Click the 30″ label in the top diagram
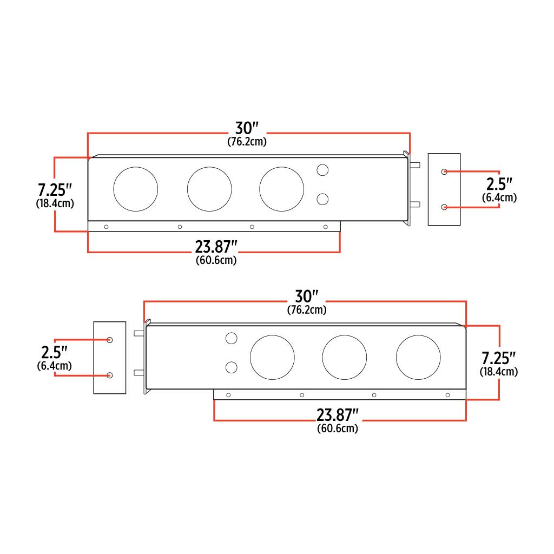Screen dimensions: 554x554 pyautogui.click(x=247, y=128)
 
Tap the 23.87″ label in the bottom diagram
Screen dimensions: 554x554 pyautogui.click(x=338, y=415)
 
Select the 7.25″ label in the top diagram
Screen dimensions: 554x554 pyautogui.click(x=55, y=190)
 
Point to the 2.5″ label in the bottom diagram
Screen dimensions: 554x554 pyautogui.click(x=54, y=352)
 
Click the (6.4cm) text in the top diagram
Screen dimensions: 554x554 pyautogui.click(x=499, y=198)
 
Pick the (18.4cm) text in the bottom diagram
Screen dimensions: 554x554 pyautogui.click(x=498, y=372)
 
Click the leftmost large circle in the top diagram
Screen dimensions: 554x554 pyautogui.click(x=135, y=189)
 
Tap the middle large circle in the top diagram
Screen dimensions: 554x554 pyautogui.click(x=209, y=189)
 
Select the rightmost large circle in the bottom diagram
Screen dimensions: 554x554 pyautogui.click(x=418, y=358)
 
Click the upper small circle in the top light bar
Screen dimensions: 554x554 pyautogui.click(x=322, y=170)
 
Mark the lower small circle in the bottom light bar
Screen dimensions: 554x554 pyautogui.click(x=231, y=368)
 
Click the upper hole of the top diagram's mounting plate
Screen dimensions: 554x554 pyautogui.click(x=444, y=172)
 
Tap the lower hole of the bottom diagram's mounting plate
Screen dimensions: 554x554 pyautogui.click(x=110, y=375)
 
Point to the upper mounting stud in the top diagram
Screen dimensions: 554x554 pyautogui.click(x=415, y=166)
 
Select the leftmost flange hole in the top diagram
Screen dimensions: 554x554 pyautogui.click(x=106, y=227)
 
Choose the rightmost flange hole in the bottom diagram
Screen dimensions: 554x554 pyautogui.click(x=447, y=395)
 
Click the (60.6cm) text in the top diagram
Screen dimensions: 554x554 pyautogui.click(x=216, y=260)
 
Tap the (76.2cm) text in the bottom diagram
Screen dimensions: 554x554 pyautogui.click(x=306, y=310)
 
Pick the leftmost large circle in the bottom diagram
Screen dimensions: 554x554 pyautogui.click(x=272, y=358)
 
